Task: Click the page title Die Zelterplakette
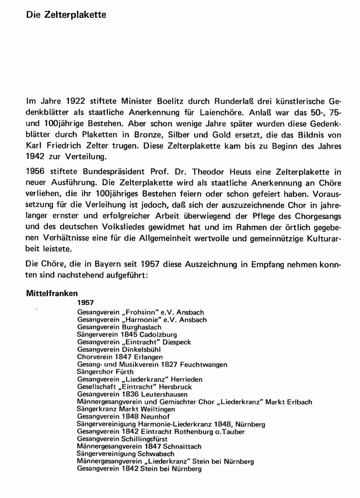coord(66,15)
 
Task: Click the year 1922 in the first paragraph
coord(76,101)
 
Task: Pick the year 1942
coord(35,157)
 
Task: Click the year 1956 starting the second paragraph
coord(35,171)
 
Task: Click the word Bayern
coord(108,264)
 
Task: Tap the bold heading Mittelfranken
coord(52,293)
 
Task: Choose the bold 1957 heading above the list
coord(86,303)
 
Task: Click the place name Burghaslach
coord(142,327)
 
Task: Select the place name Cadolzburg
coord(158,335)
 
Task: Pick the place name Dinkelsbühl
coord(141,350)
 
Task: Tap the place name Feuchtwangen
coord(203,364)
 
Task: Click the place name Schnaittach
coord(182,446)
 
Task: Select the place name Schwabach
coord(156,454)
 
